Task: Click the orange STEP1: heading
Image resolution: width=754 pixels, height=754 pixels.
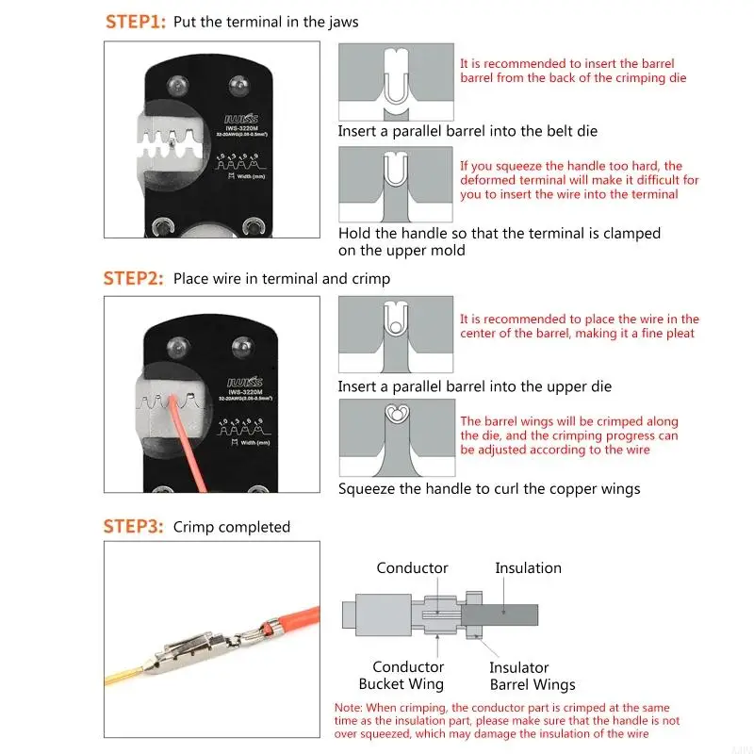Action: pyautogui.click(x=135, y=22)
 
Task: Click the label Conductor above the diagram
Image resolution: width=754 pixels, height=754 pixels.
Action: pyautogui.click(x=412, y=567)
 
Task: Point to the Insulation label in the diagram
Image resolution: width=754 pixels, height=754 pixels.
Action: pyautogui.click(x=528, y=567)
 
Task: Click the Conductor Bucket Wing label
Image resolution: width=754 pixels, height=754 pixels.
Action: pyautogui.click(x=401, y=676)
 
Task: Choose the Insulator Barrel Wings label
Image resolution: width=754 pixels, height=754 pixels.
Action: pyautogui.click(x=532, y=676)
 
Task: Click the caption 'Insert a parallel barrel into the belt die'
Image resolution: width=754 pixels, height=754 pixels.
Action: pyautogui.click(x=467, y=131)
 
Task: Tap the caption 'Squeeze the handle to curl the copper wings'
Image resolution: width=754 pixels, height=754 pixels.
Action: pyautogui.click(x=489, y=488)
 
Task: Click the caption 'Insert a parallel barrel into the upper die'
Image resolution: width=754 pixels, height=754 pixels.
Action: pyautogui.click(x=474, y=386)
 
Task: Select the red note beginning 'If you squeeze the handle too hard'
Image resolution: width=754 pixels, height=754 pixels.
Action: pyautogui.click(x=579, y=180)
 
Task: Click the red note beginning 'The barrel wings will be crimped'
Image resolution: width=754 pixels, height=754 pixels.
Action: pyautogui.click(x=568, y=435)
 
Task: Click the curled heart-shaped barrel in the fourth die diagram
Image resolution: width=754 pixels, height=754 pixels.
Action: pyautogui.click(x=396, y=415)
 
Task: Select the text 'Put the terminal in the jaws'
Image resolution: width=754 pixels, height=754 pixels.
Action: pyautogui.click(x=266, y=22)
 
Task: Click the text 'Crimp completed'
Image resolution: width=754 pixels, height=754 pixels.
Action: pyautogui.click(x=232, y=527)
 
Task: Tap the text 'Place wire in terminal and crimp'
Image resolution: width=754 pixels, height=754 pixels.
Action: pyautogui.click(x=281, y=278)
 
